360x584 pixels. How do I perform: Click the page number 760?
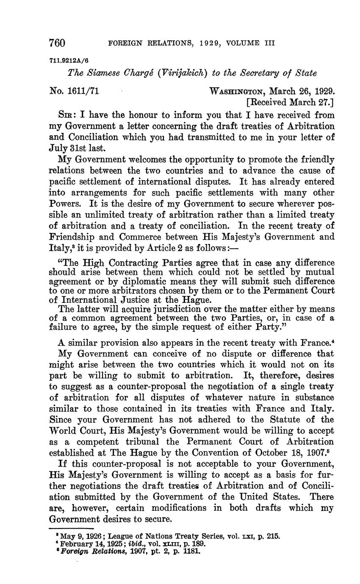click(57, 43)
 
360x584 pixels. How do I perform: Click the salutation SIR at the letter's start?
click(66, 115)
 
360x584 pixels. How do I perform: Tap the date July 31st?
click(70, 148)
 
